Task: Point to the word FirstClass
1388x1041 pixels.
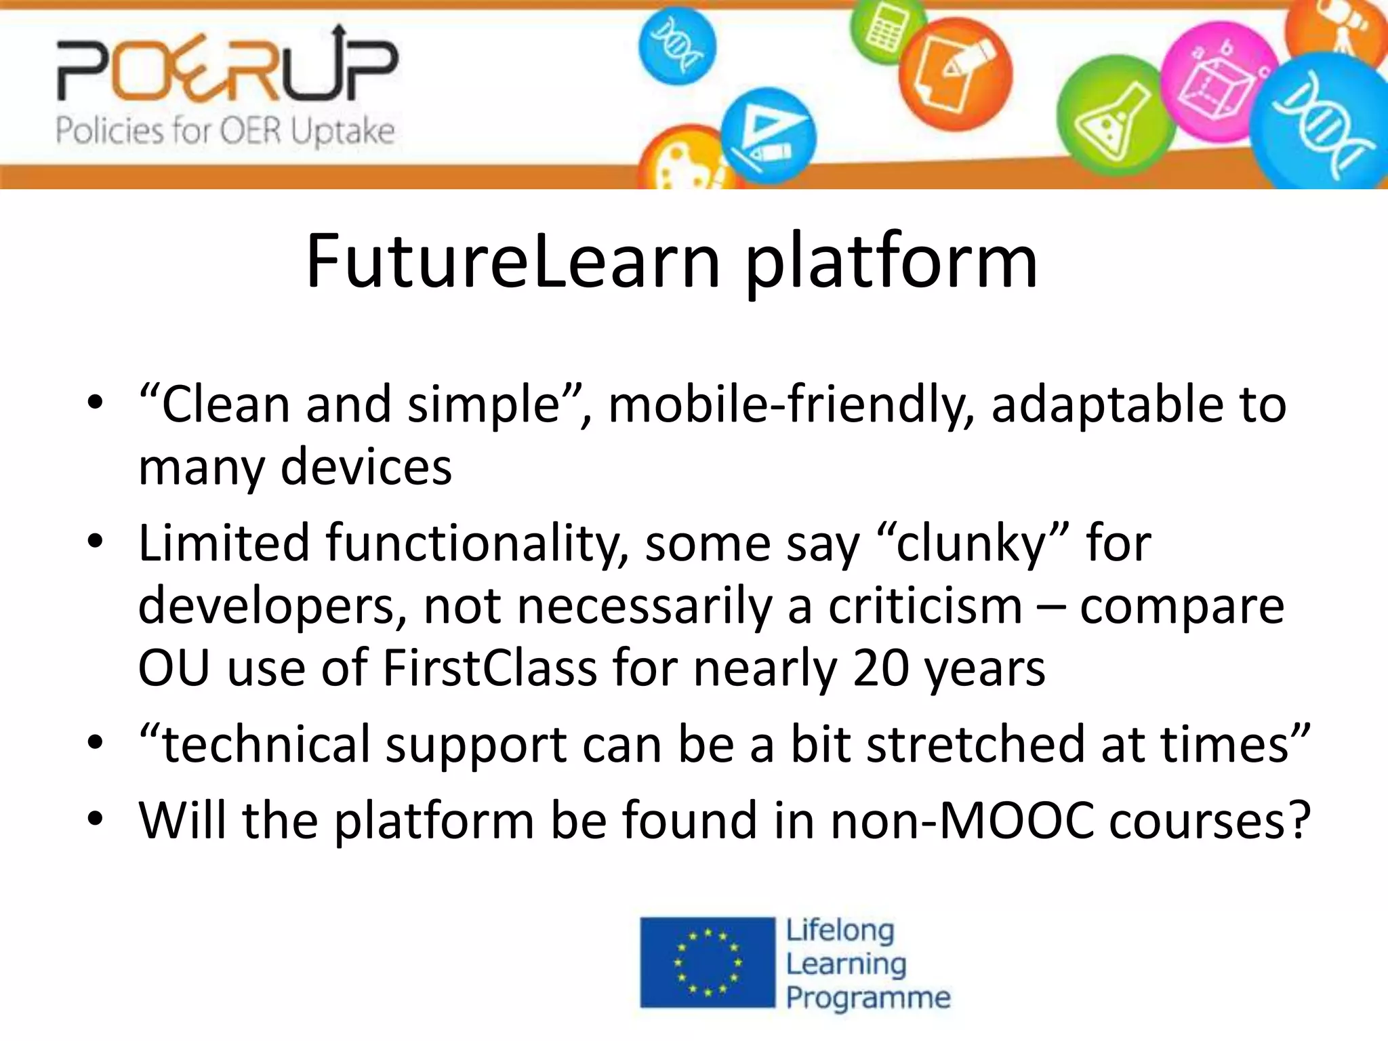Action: coord(489,668)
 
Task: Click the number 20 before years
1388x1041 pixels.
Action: coord(880,668)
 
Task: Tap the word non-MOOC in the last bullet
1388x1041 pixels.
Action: coord(962,820)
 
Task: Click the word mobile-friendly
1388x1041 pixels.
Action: coord(791,405)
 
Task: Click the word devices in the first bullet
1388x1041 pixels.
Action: coord(366,467)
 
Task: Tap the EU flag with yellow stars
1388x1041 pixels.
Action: coord(707,962)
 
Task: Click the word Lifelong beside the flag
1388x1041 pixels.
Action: coord(840,931)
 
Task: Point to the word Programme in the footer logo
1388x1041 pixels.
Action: coord(868,998)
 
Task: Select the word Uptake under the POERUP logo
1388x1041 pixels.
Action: coord(343,131)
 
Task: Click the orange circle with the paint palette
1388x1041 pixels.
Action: coord(681,163)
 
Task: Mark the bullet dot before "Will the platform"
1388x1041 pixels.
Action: coord(96,820)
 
